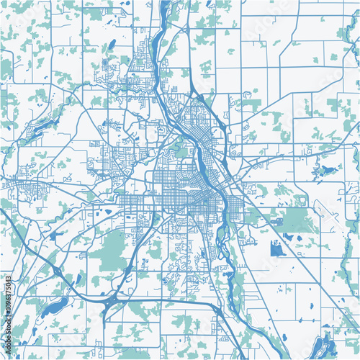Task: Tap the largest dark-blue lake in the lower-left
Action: tap(53, 309)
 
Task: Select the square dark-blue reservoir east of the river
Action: tap(277, 249)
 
